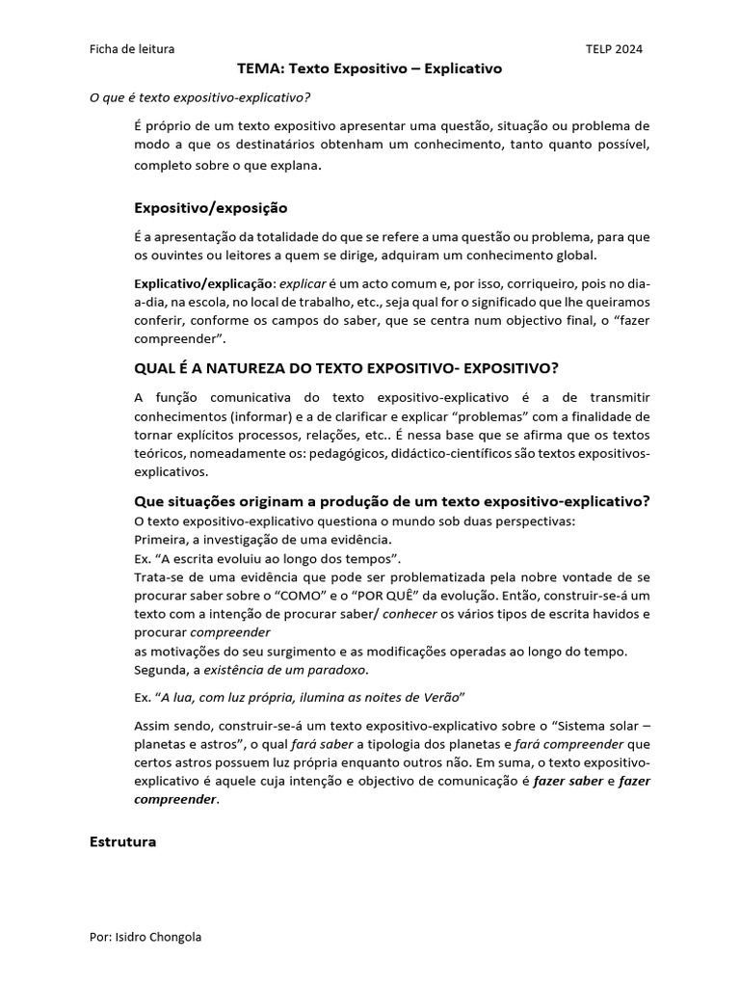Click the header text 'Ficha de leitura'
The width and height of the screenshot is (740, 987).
click(132, 49)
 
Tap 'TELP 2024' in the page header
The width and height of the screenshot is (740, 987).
click(614, 49)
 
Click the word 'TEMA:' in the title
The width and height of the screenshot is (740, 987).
click(257, 69)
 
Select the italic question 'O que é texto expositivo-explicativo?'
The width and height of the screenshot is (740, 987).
click(200, 98)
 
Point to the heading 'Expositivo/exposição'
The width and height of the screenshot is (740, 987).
click(210, 207)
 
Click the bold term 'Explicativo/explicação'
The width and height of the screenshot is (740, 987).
click(204, 285)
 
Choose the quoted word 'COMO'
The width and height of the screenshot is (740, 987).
click(294, 596)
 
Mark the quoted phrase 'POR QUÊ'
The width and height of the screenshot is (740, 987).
click(377, 596)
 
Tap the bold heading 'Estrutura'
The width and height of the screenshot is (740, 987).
click(122, 841)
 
